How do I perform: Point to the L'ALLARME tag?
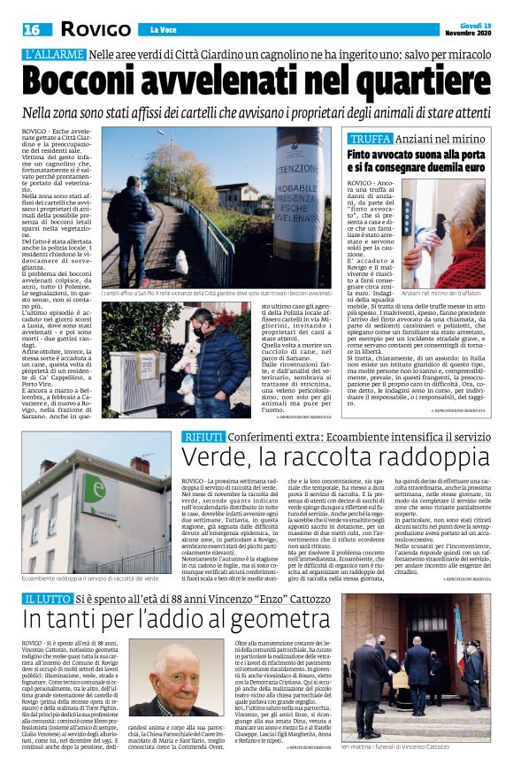pyautogui.click(x=54, y=56)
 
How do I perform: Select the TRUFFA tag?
pyautogui.click(x=370, y=140)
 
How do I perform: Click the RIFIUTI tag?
pyautogui.click(x=203, y=438)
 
